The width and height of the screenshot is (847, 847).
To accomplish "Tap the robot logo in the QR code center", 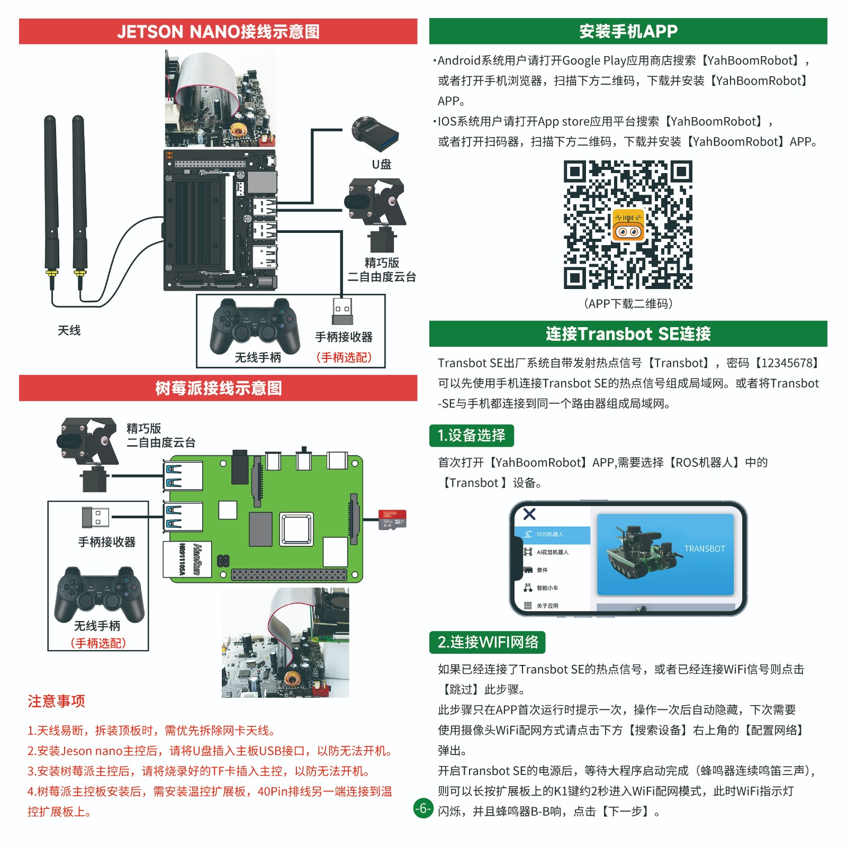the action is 628,226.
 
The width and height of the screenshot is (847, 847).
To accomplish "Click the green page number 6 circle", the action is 423,808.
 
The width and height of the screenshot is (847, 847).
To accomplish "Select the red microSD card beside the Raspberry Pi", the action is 392,519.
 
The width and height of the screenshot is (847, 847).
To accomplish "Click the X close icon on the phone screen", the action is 529,514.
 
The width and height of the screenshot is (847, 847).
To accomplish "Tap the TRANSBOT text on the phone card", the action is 705,549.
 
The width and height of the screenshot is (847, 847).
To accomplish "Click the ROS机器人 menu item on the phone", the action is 551,535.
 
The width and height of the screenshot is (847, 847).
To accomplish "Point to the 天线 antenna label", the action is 69,330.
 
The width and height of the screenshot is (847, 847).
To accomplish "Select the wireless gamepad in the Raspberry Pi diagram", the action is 99,594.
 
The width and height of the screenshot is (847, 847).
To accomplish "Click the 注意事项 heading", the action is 56,701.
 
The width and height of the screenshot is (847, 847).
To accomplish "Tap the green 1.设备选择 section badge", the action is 471,436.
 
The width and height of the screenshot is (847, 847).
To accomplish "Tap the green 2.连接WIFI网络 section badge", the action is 487,642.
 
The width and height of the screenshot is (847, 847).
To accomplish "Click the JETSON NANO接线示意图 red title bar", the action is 218,32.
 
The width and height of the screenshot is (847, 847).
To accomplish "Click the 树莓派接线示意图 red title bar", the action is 218,388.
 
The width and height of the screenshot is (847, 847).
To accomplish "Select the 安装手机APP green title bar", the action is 628,31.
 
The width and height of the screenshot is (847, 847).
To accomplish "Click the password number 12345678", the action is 786,363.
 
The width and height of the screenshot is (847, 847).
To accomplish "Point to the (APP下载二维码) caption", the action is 628,304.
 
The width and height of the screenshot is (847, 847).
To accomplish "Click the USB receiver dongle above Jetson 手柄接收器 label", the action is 342,311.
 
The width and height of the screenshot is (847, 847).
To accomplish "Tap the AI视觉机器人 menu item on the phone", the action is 552,552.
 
